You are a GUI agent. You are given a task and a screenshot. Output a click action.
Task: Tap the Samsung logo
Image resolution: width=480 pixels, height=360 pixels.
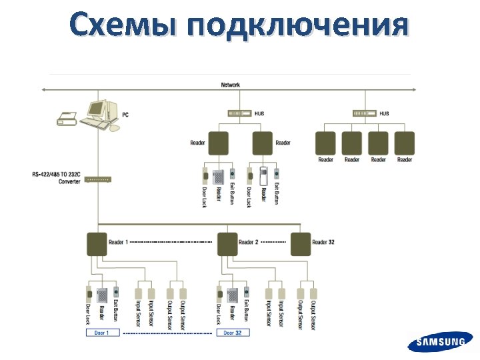click(x=441, y=343)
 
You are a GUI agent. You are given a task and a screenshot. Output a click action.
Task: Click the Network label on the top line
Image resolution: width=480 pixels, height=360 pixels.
click(x=231, y=85)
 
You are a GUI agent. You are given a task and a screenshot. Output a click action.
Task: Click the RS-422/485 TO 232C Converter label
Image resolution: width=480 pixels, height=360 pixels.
click(x=57, y=178)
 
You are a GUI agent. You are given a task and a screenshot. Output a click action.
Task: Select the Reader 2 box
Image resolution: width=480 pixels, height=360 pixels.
click(x=227, y=244)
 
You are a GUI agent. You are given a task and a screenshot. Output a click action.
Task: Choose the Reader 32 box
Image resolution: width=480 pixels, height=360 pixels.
click(x=301, y=244)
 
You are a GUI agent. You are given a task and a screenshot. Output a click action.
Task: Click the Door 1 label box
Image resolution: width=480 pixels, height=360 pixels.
click(x=102, y=332)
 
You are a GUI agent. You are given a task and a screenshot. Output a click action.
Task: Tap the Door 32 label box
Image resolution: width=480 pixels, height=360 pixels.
click(x=233, y=332)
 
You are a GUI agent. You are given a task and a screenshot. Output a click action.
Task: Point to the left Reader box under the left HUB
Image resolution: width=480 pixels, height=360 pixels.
click(x=218, y=143)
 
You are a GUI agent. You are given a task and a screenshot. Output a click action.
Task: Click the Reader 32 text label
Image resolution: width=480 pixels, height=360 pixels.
click(x=323, y=243)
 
